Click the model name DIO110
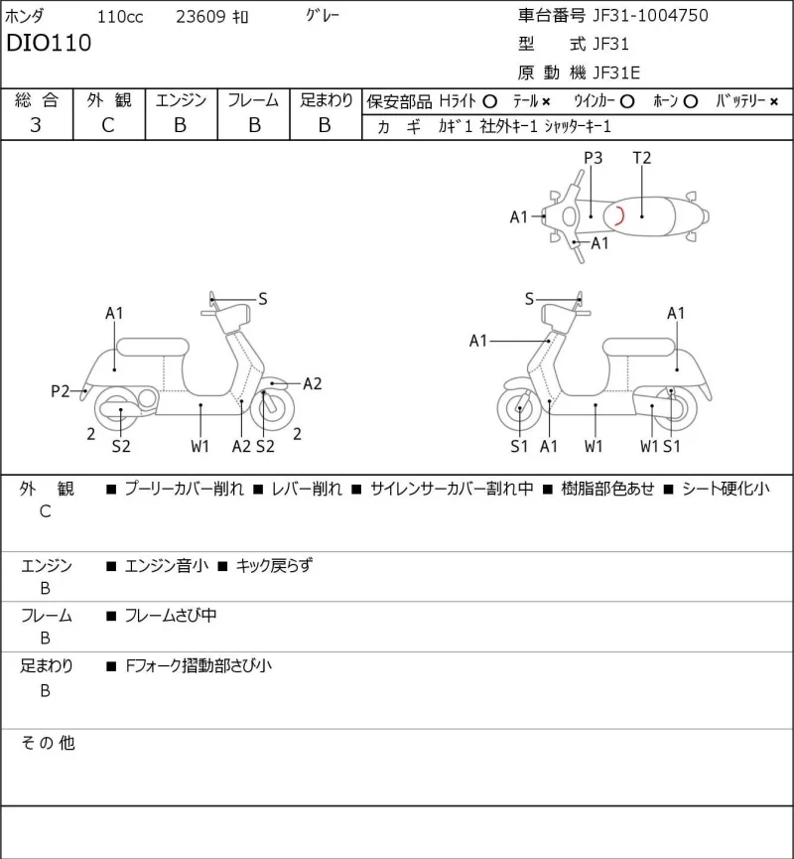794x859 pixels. (x=49, y=43)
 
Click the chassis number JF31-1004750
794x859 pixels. (x=650, y=15)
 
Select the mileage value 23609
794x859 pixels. (x=200, y=17)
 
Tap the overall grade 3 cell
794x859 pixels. (x=36, y=125)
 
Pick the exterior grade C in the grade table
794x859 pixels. (x=108, y=125)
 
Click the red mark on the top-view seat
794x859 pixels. (x=620, y=215)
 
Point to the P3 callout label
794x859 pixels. (x=594, y=158)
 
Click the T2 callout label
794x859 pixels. (x=642, y=158)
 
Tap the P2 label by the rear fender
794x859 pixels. (x=61, y=391)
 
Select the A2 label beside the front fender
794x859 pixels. (x=312, y=384)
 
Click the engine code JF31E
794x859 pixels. (x=616, y=72)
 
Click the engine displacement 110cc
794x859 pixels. (x=120, y=17)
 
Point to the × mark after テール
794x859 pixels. (x=546, y=101)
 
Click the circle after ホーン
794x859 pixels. (x=691, y=101)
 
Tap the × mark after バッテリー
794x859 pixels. (x=774, y=101)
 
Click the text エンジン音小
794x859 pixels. (x=167, y=565)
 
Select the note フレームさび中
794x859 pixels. (x=171, y=616)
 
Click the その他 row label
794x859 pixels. (x=48, y=743)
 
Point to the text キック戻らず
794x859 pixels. (x=274, y=565)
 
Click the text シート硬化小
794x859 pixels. (x=727, y=489)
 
